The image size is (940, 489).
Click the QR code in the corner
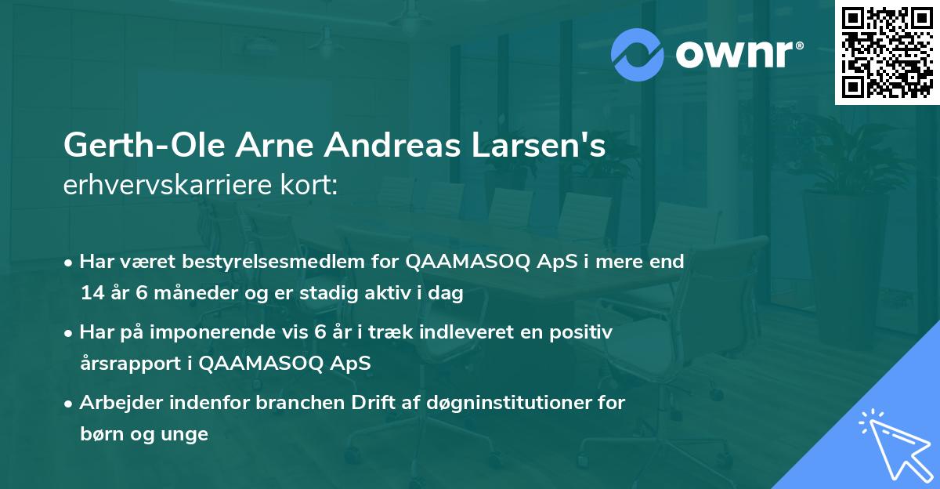point(888,53)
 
